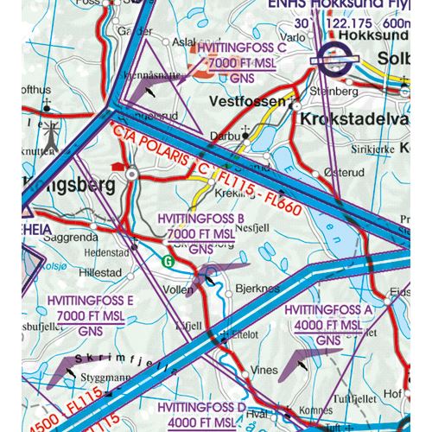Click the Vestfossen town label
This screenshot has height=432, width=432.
(246, 101)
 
